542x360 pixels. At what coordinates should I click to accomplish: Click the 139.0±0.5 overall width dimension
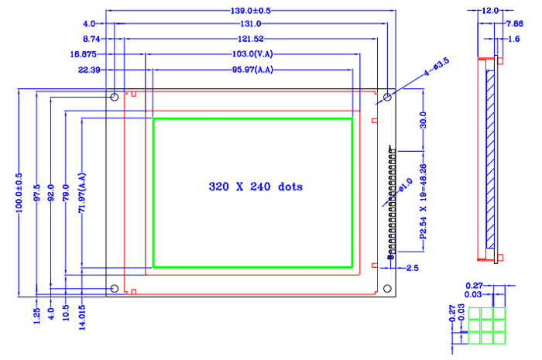[251, 11]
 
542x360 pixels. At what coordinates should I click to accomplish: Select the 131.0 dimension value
[251, 24]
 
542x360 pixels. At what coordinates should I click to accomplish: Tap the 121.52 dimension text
[251, 39]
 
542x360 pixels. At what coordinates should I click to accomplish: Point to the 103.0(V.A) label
[252, 54]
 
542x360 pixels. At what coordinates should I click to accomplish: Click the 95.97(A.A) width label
[252, 70]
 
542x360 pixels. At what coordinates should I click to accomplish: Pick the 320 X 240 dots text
[256, 187]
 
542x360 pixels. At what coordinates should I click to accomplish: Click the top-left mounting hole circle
[115, 97]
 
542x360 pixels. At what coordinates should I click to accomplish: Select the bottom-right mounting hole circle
[387, 289]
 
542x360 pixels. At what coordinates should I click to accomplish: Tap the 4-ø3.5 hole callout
[436, 67]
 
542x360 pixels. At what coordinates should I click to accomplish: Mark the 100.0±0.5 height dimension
[19, 193]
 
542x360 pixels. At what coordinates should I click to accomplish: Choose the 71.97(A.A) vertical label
[82, 193]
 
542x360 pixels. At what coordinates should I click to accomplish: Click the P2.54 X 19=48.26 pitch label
[423, 201]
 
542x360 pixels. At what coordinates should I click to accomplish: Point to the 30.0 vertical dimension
[423, 120]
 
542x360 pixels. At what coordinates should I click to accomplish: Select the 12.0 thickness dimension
[490, 11]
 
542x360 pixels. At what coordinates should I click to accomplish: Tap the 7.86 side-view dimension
[515, 24]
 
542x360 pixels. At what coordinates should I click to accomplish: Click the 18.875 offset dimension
[83, 54]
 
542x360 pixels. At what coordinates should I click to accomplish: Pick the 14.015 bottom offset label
[82, 317]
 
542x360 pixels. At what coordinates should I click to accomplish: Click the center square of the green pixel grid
[487, 326]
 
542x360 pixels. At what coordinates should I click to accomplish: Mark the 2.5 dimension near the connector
[413, 268]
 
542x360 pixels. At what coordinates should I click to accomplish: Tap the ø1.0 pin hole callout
[405, 185]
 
